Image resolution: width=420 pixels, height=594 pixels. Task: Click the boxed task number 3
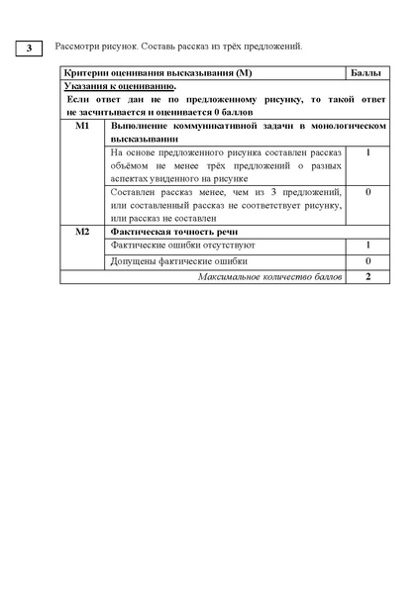[x=30, y=48]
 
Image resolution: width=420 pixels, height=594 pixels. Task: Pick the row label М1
[x=82, y=128]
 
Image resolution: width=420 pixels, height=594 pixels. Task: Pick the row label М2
[x=82, y=231]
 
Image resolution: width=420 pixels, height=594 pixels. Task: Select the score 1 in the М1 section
[x=367, y=153]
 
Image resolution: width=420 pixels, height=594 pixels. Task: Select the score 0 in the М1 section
[x=367, y=191]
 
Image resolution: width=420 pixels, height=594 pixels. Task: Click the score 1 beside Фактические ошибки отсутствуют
[x=367, y=245]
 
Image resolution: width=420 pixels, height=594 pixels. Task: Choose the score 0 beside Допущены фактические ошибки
[x=367, y=260]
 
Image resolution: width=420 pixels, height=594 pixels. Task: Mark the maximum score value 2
[x=367, y=276]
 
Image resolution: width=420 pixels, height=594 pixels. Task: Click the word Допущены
[x=133, y=260]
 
